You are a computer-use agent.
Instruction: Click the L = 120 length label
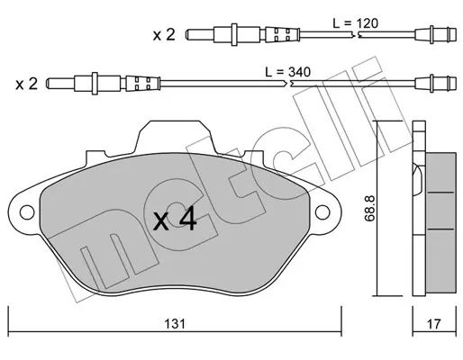[x=356, y=23]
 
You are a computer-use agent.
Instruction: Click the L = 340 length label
[x=287, y=72]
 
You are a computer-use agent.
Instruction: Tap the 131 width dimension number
[x=175, y=324]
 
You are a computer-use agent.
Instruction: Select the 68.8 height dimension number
[x=369, y=208]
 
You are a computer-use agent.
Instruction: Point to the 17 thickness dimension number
[x=434, y=324]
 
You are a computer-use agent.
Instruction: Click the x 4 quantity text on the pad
[x=175, y=220]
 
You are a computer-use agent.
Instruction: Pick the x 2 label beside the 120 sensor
[x=164, y=35]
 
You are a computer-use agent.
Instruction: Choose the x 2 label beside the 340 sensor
[x=27, y=84]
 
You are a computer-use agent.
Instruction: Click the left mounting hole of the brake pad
[x=27, y=212]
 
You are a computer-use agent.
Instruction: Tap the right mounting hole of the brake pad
[x=322, y=212]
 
